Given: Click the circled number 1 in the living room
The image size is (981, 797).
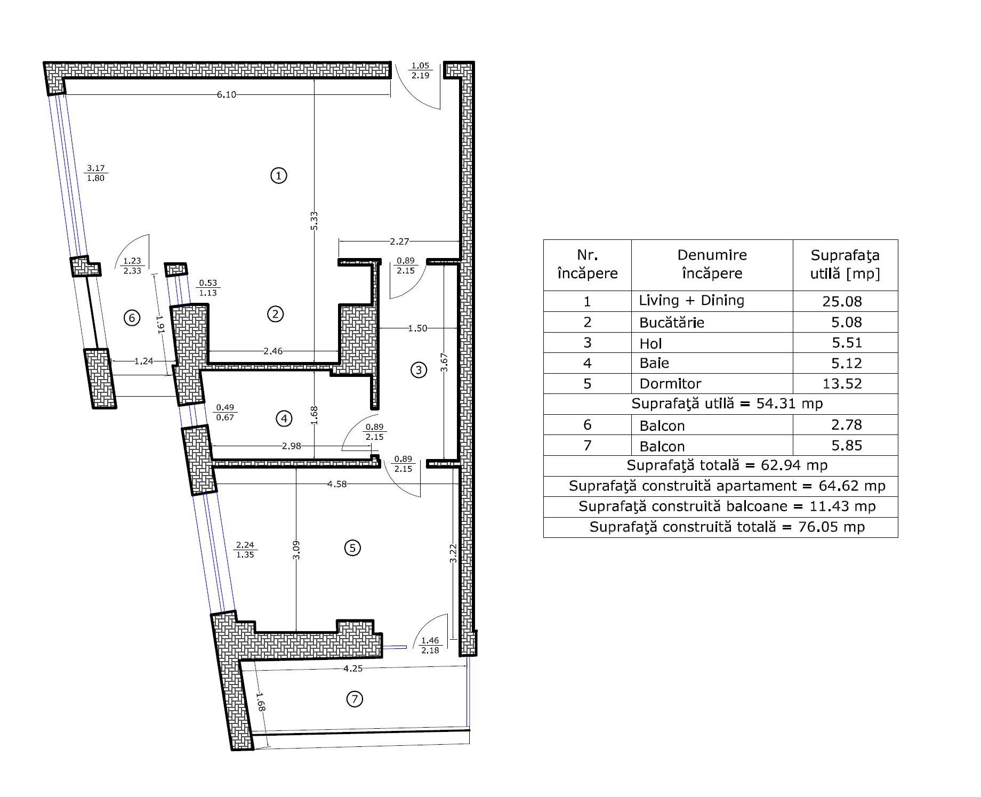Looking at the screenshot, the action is pos(279,175).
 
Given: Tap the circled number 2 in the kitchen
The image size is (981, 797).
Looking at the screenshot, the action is pos(275,314).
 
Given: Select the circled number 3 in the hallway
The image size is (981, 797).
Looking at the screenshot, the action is pos(419,369).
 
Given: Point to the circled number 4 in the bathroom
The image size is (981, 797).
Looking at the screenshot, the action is pos(284,418).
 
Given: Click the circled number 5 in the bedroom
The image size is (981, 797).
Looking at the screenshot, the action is pos(352,548).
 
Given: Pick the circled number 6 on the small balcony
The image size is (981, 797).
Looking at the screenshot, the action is pos(132,318).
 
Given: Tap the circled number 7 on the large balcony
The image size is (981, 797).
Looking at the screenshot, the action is pos(355,699).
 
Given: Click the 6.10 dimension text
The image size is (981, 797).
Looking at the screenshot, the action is pos(226,95).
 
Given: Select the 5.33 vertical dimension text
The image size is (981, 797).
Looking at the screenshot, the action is pos(314,221).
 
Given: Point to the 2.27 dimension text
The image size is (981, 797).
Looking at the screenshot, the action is pos(399,241).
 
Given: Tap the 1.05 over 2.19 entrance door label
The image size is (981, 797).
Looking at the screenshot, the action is pos(420,70).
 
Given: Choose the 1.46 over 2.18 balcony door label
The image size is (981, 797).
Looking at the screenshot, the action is pos(430,645).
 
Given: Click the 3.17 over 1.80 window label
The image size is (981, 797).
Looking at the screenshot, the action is pos(96,173).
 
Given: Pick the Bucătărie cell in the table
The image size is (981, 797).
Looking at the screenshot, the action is pos(672,322).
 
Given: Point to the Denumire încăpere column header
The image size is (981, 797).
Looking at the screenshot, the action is pos(712,264).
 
